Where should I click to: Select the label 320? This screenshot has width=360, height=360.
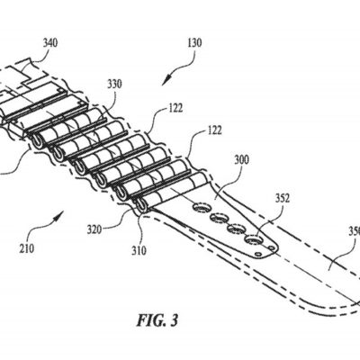(x=98, y=229)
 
